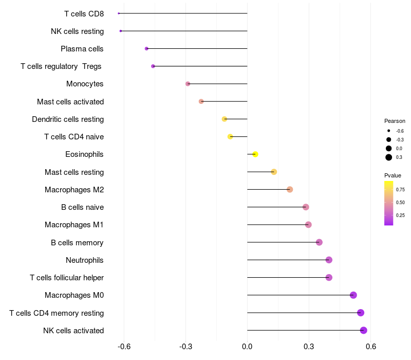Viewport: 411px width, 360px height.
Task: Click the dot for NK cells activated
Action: [364, 330]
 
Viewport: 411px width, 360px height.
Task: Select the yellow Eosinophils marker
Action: [255, 154]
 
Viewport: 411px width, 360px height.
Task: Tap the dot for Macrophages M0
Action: [353, 295]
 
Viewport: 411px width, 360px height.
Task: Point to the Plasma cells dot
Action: [147, 48]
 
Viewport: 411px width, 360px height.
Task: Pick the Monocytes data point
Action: [188, 84]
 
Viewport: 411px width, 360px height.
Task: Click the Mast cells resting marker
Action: [274, 172]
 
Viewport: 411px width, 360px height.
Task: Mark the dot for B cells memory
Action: [319, 242]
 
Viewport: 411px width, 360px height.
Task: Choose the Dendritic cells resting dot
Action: [225, 119]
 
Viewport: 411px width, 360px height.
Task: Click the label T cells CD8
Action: [84, 13]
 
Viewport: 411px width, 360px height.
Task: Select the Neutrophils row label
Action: [84, 260]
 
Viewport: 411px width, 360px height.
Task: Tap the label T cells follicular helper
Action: [67, 278]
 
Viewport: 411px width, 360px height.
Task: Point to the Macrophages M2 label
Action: [74, 190]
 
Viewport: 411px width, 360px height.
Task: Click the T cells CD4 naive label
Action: [74, 137]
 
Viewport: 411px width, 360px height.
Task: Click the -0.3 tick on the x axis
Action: [185, 347]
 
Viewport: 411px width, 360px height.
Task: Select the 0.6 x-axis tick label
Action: [371, 347]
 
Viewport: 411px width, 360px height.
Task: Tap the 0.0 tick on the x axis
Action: [248, 347]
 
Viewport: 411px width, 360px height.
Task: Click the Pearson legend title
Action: [395, 121]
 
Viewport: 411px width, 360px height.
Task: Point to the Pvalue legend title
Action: [393, 175]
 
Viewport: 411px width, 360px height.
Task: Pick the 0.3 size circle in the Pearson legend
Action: [389, 157]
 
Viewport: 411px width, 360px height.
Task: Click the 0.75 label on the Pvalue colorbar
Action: [400, 189]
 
